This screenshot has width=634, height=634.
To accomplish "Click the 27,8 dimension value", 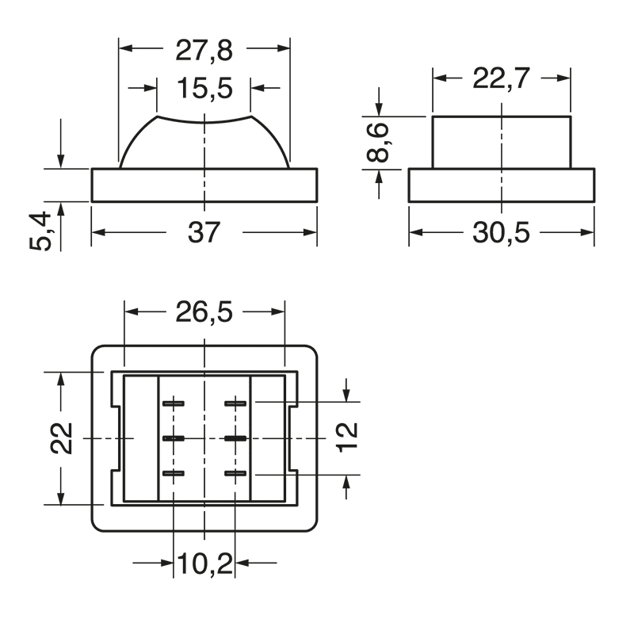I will [204, 50].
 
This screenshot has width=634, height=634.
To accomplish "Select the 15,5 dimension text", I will [204, 88].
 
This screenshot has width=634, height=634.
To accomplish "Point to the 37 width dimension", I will [204, 232].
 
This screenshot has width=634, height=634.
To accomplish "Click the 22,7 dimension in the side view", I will [502, 78].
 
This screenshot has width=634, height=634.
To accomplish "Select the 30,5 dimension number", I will [501, 233].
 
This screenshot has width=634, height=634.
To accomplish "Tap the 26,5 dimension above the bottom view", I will [204, 312].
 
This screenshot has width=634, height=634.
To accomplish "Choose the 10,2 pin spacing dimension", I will [204, 563].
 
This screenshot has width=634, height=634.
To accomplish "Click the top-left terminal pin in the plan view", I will [174, 403].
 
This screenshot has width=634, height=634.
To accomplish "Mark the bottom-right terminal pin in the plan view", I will [235, 474].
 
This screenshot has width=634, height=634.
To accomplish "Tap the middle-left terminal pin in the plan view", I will [174, 438].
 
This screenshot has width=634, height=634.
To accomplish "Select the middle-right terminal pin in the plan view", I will [235, 438].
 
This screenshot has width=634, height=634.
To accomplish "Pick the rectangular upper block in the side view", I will [501, 143].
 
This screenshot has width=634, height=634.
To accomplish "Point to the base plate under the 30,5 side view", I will [501, 185].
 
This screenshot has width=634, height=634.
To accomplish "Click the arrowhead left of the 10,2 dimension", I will [167, 563].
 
